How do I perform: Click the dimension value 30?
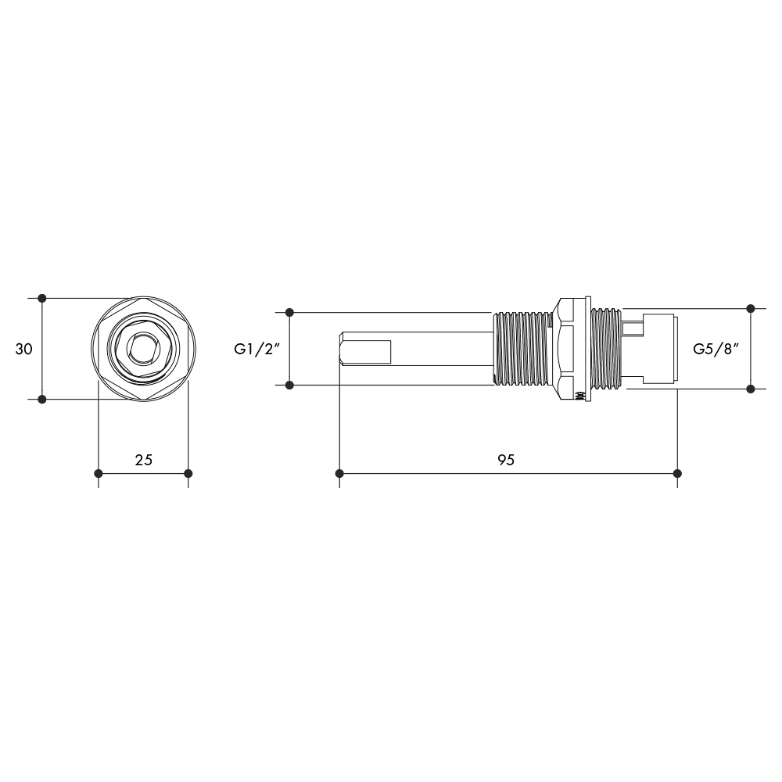(24, 349)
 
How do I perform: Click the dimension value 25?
(144, 460)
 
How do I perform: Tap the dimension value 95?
(506, 460)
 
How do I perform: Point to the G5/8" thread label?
(716, 349)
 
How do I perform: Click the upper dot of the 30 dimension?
(42, 298)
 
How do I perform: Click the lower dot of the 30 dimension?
(42, 400)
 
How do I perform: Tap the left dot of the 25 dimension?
(99, 473)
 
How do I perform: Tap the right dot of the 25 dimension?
(188, 473)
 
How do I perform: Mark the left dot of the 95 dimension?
(339, 473)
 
